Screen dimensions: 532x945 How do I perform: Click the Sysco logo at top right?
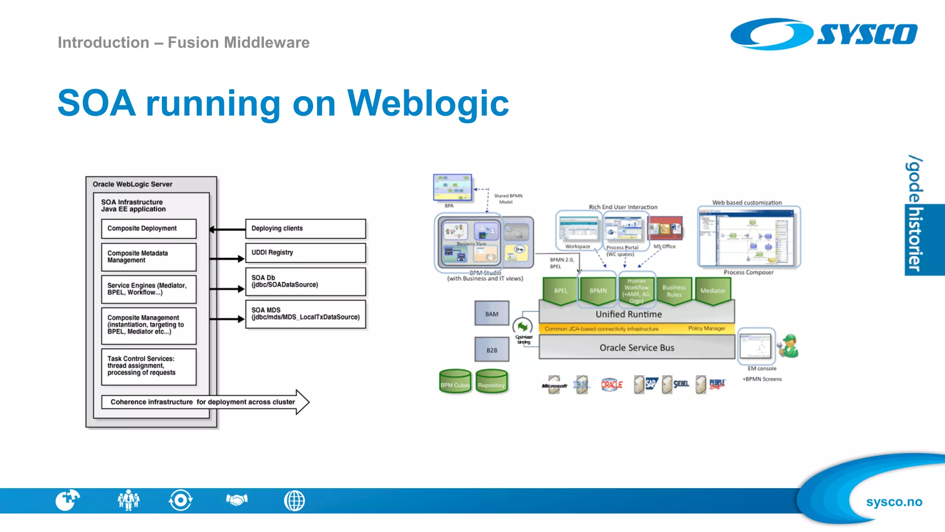(x=824, y=34)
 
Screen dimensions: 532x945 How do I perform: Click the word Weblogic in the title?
(x=428, y=103)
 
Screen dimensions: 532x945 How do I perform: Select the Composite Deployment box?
(x=149, y=229)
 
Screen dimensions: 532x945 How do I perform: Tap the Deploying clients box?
(x=305, y=229)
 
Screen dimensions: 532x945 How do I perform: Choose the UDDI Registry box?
(x=305, y=253)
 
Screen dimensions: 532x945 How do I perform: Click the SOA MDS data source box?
(x=305, y=314)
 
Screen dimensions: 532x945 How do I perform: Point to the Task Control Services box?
(x=149, y=366)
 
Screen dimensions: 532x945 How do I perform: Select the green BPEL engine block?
(x=560, y=290)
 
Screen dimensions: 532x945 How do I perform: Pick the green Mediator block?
(x=712, y=290)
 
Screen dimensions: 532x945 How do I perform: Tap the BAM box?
(x=492, y=314)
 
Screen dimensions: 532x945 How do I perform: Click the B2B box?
(x=492, y=350)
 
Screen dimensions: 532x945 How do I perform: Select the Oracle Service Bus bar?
(x=637, y=347)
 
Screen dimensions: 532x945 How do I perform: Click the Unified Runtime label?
(x=628, y=314)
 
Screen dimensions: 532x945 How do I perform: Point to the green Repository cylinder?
(x=491, y=382)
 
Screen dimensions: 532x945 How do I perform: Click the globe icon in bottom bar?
(x=294, y=501)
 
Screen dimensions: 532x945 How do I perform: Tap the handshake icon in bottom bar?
(x=237, y=500)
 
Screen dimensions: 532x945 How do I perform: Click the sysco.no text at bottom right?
(x=894, y=502)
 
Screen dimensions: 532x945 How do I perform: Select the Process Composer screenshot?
(x=749, y=237)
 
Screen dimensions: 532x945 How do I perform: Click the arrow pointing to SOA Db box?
(x=227, y=289)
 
